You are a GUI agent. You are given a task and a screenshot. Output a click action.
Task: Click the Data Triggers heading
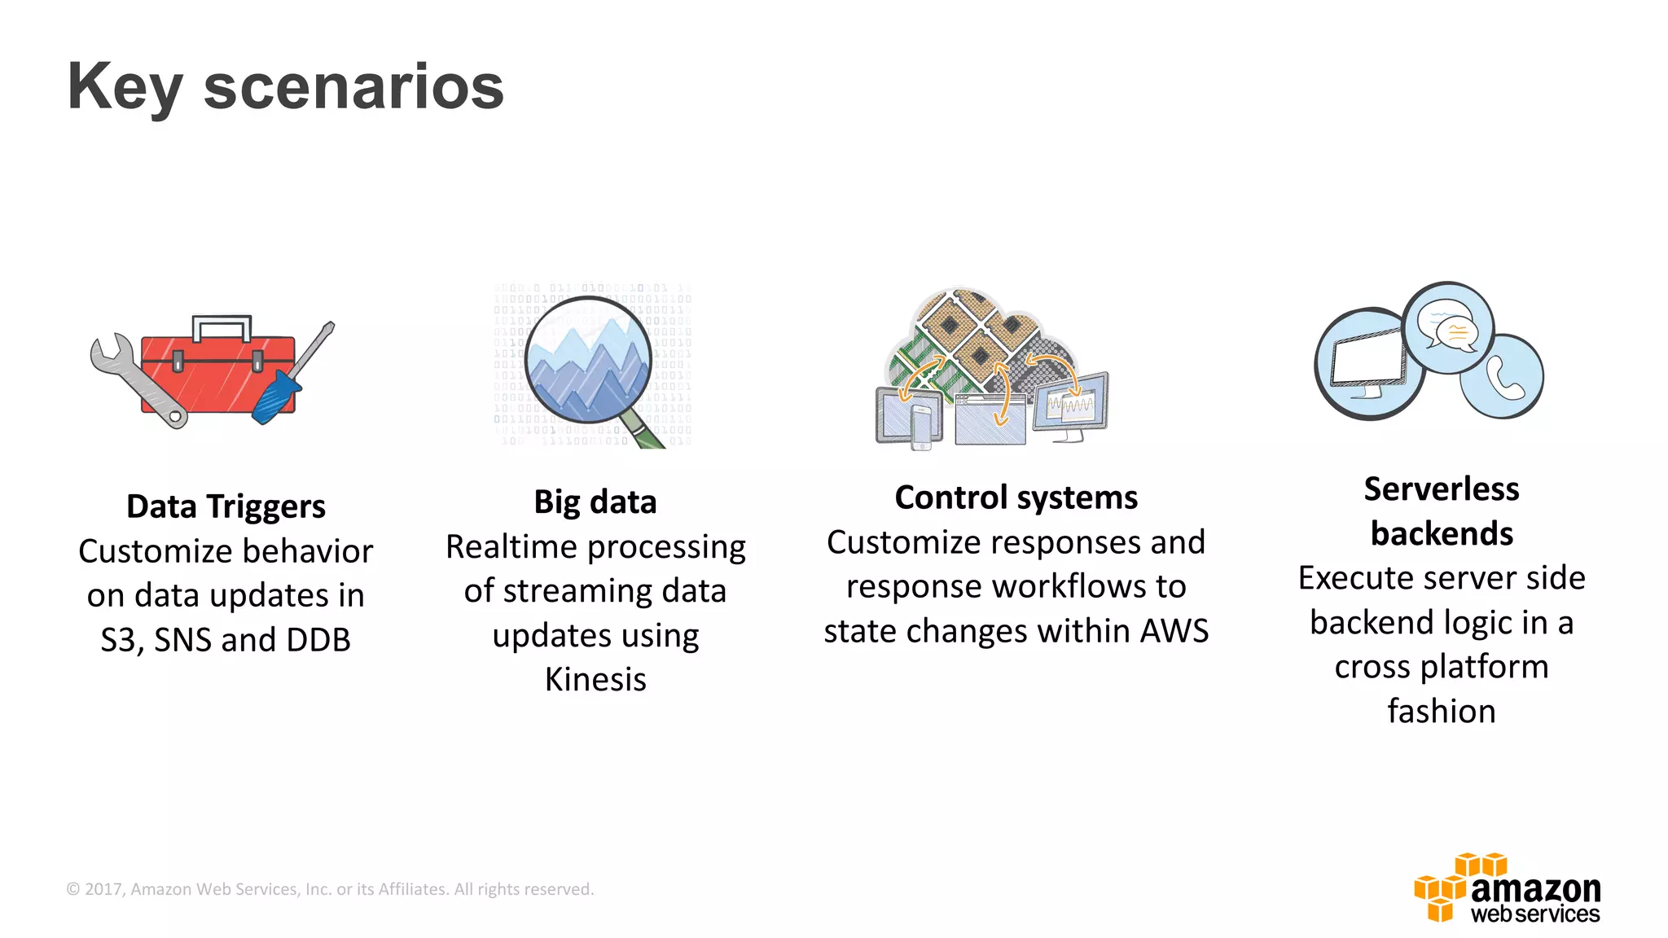coord(226,506)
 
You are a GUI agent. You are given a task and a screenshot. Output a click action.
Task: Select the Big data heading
coord(595,502)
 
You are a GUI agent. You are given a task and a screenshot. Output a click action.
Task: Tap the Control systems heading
coord(1016,497)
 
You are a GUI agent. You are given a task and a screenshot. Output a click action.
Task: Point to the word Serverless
coord(1441,489)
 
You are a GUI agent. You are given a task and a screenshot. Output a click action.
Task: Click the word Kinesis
coord(595,679)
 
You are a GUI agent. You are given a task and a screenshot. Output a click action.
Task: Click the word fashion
coord(1441,711)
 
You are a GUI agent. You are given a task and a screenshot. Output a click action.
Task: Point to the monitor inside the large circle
coord(1368,363)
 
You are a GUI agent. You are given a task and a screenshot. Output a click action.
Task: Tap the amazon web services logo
coord(1507,888)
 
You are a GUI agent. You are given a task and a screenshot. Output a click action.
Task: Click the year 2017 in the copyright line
coord(103,889)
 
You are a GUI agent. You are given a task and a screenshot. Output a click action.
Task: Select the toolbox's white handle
coord(222,326)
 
